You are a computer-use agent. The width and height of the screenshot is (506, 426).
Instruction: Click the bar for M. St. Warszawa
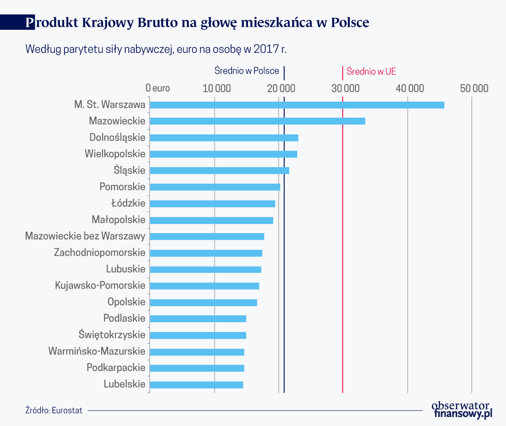click(x=297, y=105)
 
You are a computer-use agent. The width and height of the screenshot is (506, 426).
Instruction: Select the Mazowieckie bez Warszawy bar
click(x=207, y=236)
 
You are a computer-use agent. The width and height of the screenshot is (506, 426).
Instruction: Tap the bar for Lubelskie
click(x=197, y=385)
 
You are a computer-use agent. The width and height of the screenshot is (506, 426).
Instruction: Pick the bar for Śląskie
click(x=220, y=170)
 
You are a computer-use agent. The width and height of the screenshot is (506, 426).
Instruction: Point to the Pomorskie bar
click(x=215, y=187)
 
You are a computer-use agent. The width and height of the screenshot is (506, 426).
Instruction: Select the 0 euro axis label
click(x=158, y=88)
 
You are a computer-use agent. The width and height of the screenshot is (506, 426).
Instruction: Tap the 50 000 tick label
click(x=474, y=88)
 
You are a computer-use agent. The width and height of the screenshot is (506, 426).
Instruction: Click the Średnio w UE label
click(x=371, y=71)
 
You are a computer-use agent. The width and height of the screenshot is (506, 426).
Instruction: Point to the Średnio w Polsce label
click(x=246, y=71)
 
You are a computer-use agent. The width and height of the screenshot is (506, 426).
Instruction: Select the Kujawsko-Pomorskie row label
click(x=100, y=286)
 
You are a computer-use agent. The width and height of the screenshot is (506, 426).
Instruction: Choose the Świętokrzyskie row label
click(x=112, y=335)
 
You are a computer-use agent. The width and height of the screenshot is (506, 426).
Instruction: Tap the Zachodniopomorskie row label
click(x=100, y=253)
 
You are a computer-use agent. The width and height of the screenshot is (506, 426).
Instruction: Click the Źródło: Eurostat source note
click(x=54, y=411)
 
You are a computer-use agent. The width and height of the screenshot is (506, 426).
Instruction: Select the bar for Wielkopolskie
click(x=224, y=154)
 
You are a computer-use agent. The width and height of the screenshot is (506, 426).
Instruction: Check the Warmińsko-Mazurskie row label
click(x=97, y=351)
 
